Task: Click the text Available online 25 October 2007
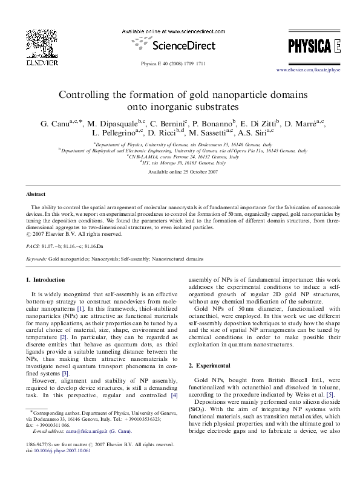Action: [x=180, y=172]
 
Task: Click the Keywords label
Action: [x=36, y=258]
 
